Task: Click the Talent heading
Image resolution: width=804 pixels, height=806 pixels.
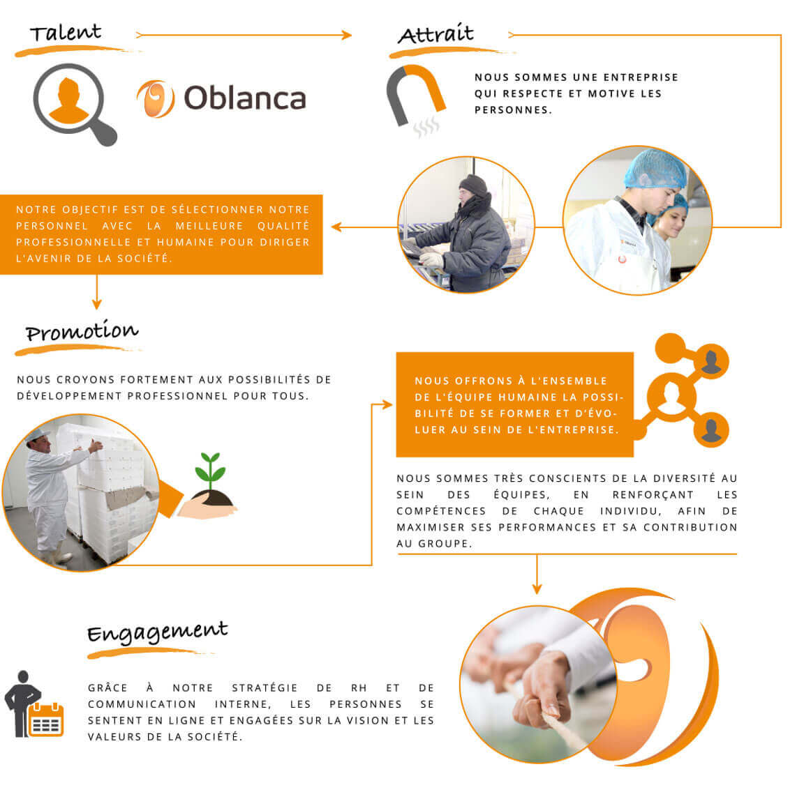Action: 66,33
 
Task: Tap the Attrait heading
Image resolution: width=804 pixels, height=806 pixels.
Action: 435,34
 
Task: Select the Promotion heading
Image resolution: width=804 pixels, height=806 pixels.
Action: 82,330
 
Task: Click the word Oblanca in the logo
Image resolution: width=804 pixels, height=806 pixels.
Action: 245,98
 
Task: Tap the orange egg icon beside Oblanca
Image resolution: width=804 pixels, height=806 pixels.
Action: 156,99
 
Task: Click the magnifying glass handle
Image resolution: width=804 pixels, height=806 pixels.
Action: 104,132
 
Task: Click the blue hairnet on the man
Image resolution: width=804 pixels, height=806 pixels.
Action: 655,169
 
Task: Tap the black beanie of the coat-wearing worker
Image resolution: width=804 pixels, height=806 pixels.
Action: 473,185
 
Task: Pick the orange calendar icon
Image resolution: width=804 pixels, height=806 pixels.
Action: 46,719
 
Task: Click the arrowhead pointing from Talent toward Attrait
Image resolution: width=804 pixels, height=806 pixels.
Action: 347,35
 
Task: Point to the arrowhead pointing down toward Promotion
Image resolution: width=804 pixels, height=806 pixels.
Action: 97,304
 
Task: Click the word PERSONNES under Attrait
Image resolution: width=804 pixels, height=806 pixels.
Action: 513,110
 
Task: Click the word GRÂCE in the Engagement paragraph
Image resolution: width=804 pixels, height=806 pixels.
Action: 107,687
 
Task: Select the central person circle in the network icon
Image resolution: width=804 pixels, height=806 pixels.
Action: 671,397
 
